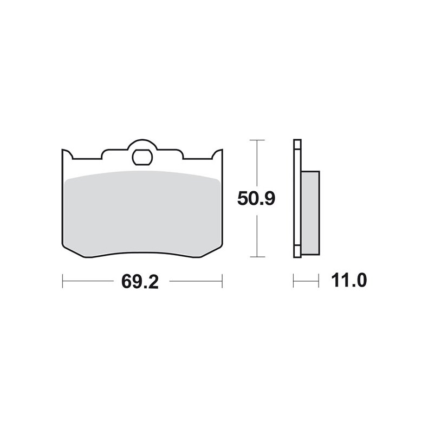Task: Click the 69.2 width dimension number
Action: [x=140, y=281]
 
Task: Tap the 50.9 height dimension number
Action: [x=256, y=198]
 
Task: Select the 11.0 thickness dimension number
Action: [x=349, y=280]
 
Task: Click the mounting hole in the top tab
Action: [x=142, y=157]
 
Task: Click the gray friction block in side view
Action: [x=310, y=213]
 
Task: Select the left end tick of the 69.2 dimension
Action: [x=62, y=281]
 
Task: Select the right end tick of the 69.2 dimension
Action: [x=222, y=281]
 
